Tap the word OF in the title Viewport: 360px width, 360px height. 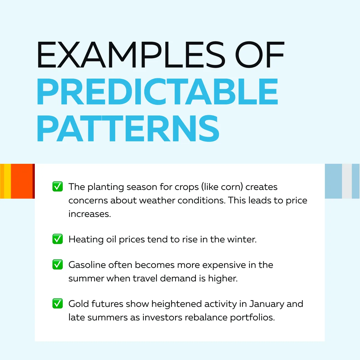tap(260, 54)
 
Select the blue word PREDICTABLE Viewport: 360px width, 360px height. tap(157, 91)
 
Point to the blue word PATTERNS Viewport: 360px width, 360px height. tap(128, 128)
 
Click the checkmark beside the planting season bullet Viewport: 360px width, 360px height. tap(58, 186)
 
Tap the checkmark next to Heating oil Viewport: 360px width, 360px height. tap(58, 239)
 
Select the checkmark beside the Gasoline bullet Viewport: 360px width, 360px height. tap(58, 265)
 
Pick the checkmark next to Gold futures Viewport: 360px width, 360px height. tap(58, 304)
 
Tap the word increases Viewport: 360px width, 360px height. tap(90, 214)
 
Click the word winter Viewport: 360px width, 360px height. tap(242, 239)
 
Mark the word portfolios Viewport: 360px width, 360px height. tap(252, 318)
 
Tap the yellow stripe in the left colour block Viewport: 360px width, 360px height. tap(7, 181)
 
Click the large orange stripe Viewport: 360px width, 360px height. tap(22, 181)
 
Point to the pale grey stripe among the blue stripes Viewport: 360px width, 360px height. tap(347, 181)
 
